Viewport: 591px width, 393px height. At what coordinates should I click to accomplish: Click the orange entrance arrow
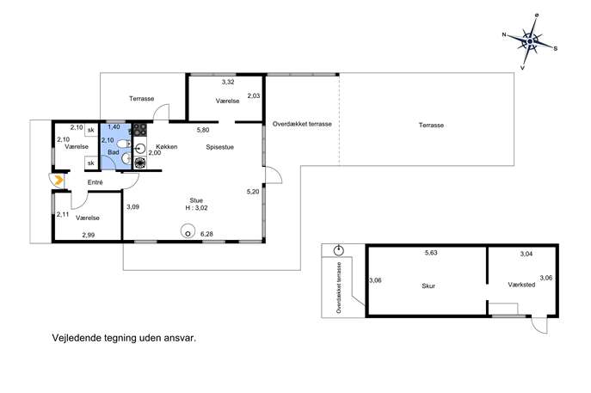[58, 181]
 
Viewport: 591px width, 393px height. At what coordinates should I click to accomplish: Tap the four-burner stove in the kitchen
[140, 129]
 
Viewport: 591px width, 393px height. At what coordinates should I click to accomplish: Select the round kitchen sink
[140, 148]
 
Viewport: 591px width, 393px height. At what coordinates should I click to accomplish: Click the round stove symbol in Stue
[188, 230]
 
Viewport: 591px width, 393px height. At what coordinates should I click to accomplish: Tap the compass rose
[530, 41]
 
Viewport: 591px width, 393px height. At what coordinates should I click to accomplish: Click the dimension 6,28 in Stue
[206, 234]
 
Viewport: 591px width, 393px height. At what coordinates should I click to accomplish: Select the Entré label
[95, 182]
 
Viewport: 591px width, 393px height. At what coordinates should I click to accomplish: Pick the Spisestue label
[219, 147]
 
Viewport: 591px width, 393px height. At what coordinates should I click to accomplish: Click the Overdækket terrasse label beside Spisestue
[302, 124]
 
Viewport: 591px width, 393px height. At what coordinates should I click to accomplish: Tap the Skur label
[428, 286]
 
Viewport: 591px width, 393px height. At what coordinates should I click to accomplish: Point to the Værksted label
[521, 285]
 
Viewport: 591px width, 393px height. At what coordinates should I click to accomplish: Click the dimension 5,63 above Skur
[431, 253]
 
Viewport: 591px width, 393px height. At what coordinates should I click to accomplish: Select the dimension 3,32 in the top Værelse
[228, 82]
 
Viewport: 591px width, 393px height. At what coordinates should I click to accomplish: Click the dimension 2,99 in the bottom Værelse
[89, 235]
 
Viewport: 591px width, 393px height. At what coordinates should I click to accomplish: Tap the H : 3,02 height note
[196, 207]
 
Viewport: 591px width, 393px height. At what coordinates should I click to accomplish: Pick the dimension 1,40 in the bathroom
[114, 127]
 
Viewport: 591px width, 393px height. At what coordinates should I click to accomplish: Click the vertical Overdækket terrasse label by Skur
[339, 288]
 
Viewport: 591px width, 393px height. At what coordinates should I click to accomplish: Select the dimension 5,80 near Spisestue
[203, 130]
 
